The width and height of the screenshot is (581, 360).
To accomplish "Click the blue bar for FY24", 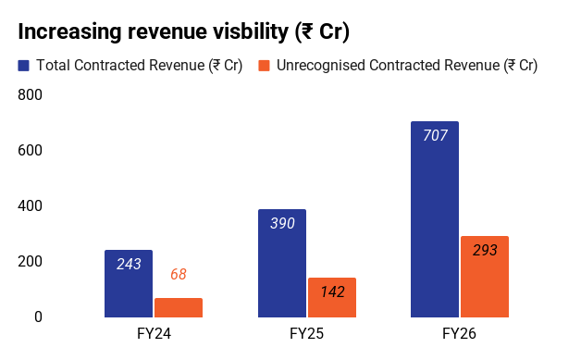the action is pyautogui.click(x=129, y=283).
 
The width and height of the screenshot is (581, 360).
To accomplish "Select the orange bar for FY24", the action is pyautogui.click(x=179, y=308).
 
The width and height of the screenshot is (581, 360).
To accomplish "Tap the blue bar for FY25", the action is pyautogui.click(x=282, y=263).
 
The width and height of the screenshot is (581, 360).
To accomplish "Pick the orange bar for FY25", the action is pyautogui.click(x=332, y=297).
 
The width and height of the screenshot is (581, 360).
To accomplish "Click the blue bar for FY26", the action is pyautogui.click(x=435, y=219).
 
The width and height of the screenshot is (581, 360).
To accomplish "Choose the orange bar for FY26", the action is pyautogui.click(x=485, y=277).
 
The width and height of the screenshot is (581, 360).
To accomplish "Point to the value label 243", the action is pyautogui.click(x=129, y=264).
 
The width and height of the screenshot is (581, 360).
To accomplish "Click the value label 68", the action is pyautogui.click(x=179, y=274).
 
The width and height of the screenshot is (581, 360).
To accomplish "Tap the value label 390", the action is pyautogui.click(x=282, y=223).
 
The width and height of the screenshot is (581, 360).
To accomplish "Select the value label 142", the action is pyautogui.click(x=333, y=292).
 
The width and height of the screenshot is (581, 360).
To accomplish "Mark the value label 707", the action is pyautogui.click(x=436, y=135).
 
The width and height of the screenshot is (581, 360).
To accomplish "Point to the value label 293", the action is pyautogui.click(x=485, y=250).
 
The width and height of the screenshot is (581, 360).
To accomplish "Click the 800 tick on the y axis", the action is pyautogui.click(x=30, y=94).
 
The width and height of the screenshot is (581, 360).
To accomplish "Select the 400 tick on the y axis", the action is pyautogui.click(x=30, y=205).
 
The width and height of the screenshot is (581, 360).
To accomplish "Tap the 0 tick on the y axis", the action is pyautogui.click(x=38, y=317).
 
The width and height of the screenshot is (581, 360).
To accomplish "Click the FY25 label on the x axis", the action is pyautogui.click(x=307, y=333).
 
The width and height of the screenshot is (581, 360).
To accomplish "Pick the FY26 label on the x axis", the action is pyautogui.click(x=460, y=333).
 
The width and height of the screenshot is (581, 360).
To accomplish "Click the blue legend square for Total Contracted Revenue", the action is pyautogui.click(x=23, y=66).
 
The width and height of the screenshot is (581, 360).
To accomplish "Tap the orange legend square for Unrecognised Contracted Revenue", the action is pyautogui.click(x=264, y=66).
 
